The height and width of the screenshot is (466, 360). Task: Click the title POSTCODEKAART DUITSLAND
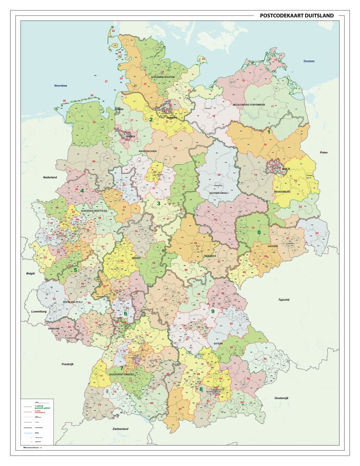(296, 15)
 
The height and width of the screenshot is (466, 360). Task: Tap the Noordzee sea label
(61, 86)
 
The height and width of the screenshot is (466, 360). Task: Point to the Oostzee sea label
(310, 61)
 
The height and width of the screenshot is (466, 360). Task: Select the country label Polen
(324, 152)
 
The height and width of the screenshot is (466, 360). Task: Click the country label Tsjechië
(284, 300)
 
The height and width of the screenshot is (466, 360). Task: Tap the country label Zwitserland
(121, 429)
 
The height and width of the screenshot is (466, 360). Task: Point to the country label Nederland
(50, 177)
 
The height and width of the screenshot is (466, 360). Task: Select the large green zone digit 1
(269, 132)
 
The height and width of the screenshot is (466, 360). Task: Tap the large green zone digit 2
(151, 120)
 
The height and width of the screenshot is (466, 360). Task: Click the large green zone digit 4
(82, 191)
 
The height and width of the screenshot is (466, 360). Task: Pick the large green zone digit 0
(259, 232)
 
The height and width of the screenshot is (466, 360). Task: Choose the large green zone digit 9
(213, 311)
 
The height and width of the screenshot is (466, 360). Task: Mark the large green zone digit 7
(122, 368)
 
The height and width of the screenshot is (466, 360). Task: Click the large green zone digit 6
(126, 314)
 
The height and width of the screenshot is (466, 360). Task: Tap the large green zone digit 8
(201, 389)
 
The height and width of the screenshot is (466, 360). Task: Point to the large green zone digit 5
(75, 270)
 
